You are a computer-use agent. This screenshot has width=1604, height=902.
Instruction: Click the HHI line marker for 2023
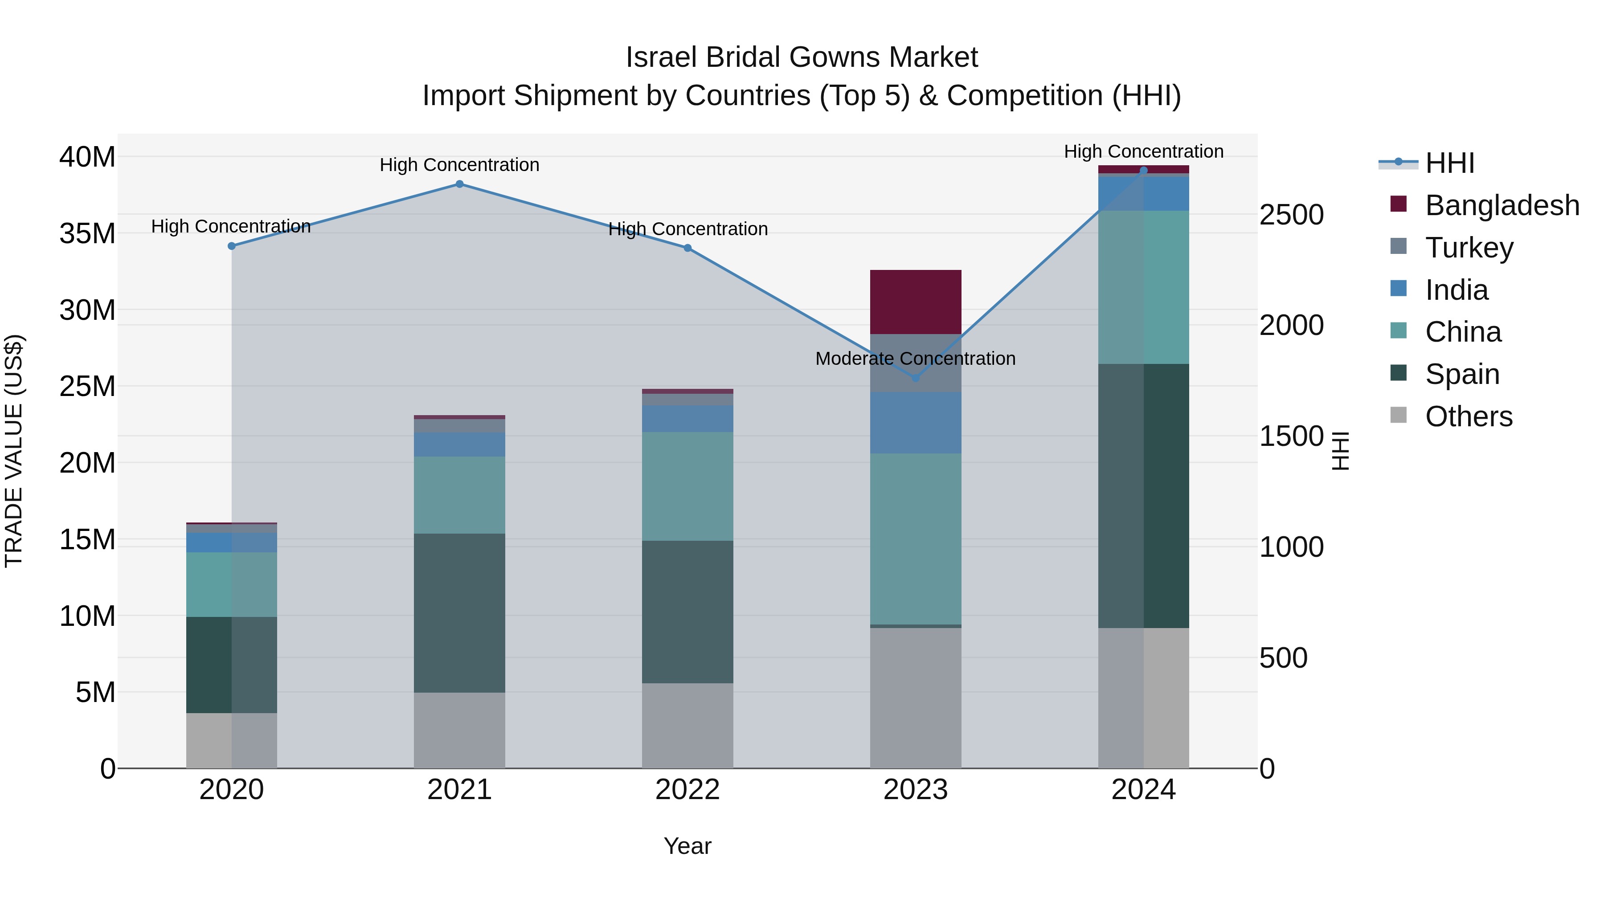point(915,378)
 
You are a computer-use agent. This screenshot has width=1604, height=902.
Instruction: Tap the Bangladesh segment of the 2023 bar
point(915,302)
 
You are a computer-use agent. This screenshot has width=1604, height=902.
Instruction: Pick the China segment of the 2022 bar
point(687,486)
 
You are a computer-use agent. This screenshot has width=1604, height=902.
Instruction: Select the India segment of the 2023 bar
point(915,422)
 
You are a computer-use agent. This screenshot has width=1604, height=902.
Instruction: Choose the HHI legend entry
point(1449,163)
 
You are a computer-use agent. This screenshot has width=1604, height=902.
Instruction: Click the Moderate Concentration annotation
point(915,359)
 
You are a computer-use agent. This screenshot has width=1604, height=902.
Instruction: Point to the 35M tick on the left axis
point(87,233)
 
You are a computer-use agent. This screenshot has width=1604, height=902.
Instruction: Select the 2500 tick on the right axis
point(1291,215)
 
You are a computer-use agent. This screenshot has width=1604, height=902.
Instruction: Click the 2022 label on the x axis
point(687,790)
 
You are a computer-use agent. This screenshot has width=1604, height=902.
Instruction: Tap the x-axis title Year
point(687,846)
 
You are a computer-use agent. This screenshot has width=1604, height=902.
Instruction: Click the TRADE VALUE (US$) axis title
point(14,451)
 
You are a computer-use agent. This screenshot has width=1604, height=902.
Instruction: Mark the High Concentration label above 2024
point(1143,151)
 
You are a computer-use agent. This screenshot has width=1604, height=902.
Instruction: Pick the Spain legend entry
point(1462,374)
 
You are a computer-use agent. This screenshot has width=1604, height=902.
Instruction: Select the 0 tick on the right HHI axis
point(1267,769)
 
